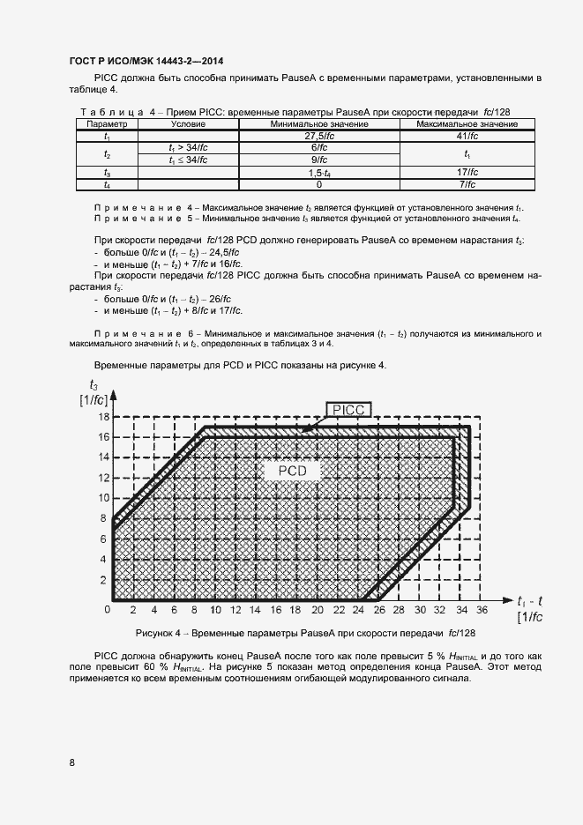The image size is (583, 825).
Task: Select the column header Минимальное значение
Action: pyautogui.click(x=318, y=125)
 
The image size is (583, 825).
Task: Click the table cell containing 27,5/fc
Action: pyautogui.click(x=318, y=137)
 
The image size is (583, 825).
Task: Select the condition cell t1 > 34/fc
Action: pyautogui.click(x=188, y=148)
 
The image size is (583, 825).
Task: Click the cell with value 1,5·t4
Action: pyautogui.click(x=318, y=174)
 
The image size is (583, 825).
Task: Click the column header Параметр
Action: pyautogui.click(x=107, y=125)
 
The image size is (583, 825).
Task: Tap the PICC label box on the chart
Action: pyautogui.click(x=350, y=409)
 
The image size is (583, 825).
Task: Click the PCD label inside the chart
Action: pyautogui.click(x=292, y=472)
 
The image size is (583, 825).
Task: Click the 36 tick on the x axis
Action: pyautogui.click(x=482, y=610)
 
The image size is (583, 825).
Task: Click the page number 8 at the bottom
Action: pyautogui.click(x=71, y=762)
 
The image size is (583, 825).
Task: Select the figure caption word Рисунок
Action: pyautogui.click(x=157, y=634)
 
